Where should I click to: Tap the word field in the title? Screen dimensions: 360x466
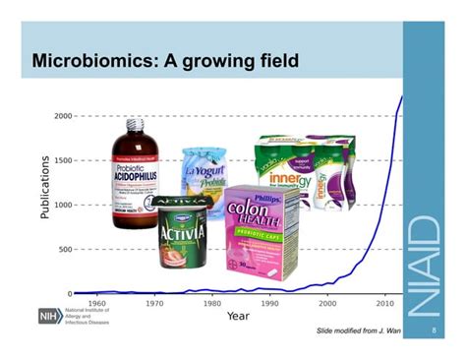click(272, 63)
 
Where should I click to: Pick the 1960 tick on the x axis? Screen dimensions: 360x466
click(97, 304)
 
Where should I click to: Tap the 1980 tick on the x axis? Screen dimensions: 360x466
click(212, 304)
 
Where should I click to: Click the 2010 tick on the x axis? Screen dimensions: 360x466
click(384, 304)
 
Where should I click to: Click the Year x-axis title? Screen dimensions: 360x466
click(238, 316)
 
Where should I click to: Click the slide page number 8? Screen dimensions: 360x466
click(434, 330)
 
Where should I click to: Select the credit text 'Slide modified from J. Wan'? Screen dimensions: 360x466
click(359, 330)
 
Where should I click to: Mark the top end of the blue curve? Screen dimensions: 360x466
click(402, 96)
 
